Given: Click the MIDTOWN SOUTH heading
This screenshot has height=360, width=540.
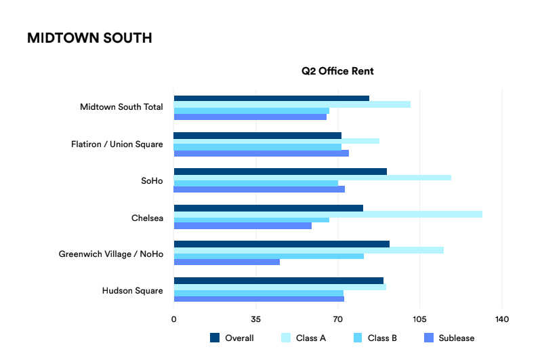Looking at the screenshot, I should (x=89, y=38).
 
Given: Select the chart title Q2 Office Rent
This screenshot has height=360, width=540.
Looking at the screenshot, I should (x=337, y=71).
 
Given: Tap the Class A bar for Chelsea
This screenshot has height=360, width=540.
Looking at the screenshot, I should (x=328, y=214).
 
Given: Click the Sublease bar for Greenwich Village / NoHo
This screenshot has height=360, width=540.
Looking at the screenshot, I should (x=227, y=262).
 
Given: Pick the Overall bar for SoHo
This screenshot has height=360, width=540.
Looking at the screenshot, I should (x=280, y=172).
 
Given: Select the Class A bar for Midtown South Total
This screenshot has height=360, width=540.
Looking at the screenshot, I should (x=292, y=104).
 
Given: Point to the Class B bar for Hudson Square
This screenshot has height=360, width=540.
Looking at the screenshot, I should (x=259, y=293).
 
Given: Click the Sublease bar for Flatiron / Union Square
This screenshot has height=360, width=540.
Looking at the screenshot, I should (x=262, y=153).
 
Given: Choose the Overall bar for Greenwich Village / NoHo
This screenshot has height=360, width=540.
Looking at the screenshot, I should (x=282, y=244).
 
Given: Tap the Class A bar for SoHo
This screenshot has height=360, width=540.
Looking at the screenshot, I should (x=312, y=178).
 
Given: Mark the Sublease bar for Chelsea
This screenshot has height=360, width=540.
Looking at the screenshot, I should (x=243, y=226).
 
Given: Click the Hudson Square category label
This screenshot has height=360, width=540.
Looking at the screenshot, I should (x=132, y=291).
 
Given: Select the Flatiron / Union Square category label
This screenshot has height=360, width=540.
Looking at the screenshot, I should (x=117, y=144).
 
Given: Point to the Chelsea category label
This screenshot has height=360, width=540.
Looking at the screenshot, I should (x=147, y=218).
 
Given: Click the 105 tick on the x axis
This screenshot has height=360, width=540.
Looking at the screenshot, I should (x=419, y=319).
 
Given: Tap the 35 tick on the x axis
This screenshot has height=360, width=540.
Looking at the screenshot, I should (x=256, y=319).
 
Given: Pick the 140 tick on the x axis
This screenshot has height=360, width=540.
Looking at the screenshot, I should (x=501, y=319).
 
